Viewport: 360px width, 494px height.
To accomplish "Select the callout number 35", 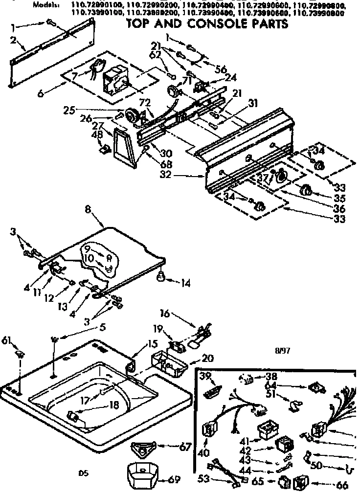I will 339,199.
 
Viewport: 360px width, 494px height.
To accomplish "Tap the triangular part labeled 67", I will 145,447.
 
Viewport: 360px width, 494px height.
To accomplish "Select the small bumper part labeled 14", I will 160,279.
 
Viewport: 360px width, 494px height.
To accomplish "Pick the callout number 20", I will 208,359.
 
